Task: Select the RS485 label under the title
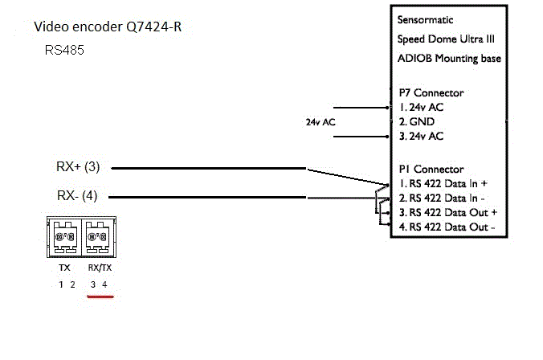click(x=65, y=50)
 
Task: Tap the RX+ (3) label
click(x=78, y=168)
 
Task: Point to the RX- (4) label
click(x=78, y=196)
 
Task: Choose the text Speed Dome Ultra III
click(x=443, y=39)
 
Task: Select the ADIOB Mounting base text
click(x=449, y=58)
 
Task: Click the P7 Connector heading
click(x=431, y=92)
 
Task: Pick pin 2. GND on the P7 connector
click(x=416, y=121)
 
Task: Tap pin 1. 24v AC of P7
click(x=421, y=107)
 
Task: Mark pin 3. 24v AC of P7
click(x=421, y=137)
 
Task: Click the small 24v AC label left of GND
click(x=320, y=122)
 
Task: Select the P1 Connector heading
click(x=431, y=170)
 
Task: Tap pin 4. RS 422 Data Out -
click(x=447, y=227)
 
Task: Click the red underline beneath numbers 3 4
click(x=100, y=296)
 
